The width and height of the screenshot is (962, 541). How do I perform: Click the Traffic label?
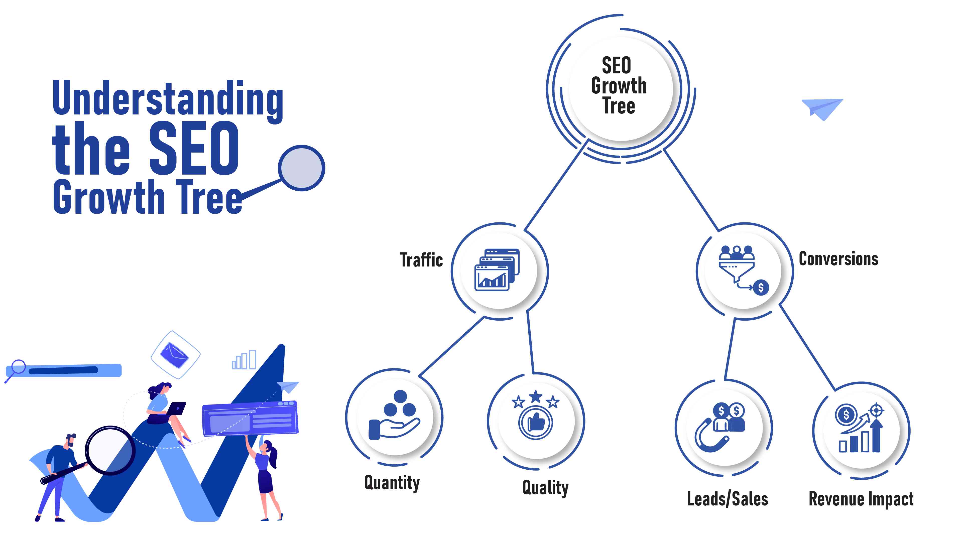[421, 260]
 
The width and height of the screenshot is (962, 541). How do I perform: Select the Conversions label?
[838, 259]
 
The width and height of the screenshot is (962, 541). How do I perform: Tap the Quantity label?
[392, 483]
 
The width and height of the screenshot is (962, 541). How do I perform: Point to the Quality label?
[545, 488]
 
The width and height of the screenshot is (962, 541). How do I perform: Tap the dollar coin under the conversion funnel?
[761, 288]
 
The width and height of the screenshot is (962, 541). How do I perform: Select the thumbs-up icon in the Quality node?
[536, 423]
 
